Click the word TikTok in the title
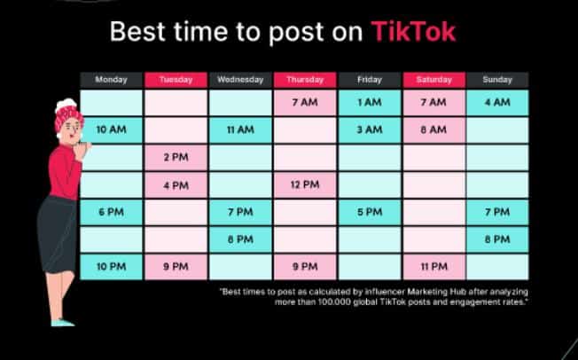tap(414, 31)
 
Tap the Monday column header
tap(111, 80)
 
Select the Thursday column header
tap(305, 80)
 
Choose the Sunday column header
tap(497, 80)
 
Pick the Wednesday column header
tap(240, 80)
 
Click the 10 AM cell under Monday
tap(111, 129)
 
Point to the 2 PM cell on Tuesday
tap(176, 158)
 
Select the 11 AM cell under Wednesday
tap(240, 129)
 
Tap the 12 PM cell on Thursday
tap(305, 184)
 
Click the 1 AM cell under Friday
tap(370, 103)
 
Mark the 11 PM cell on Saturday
tap(433, 267)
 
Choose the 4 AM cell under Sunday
tap(497, 103)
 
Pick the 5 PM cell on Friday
tap(370, 212)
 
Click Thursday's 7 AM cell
tap(305, 103)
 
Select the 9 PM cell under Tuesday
tap(176, 267)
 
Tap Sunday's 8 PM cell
tap(497, 239)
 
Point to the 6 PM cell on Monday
tap(111, 212)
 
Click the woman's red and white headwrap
tap(67, 113)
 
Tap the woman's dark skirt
tap(56, 235)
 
